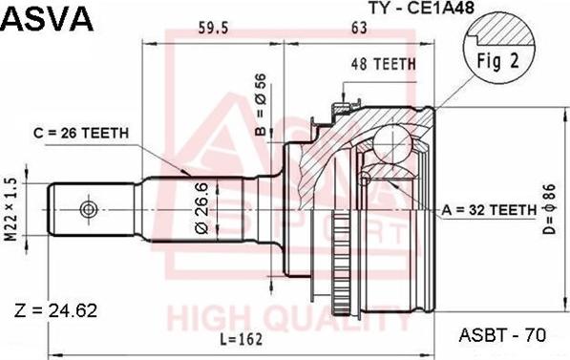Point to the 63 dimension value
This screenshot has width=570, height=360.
360,29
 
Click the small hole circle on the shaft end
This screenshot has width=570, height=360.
87,208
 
